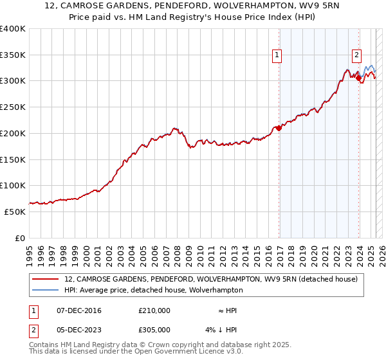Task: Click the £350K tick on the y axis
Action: [13, 55]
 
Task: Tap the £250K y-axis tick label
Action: [13, 107]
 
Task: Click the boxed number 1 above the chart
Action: [277, 55]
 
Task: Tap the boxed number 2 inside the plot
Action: [356, 55]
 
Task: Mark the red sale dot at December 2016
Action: [279, 128]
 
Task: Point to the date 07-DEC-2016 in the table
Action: [78, 310]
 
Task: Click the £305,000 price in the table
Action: [154, 330]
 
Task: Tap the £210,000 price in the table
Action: [154, 310]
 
